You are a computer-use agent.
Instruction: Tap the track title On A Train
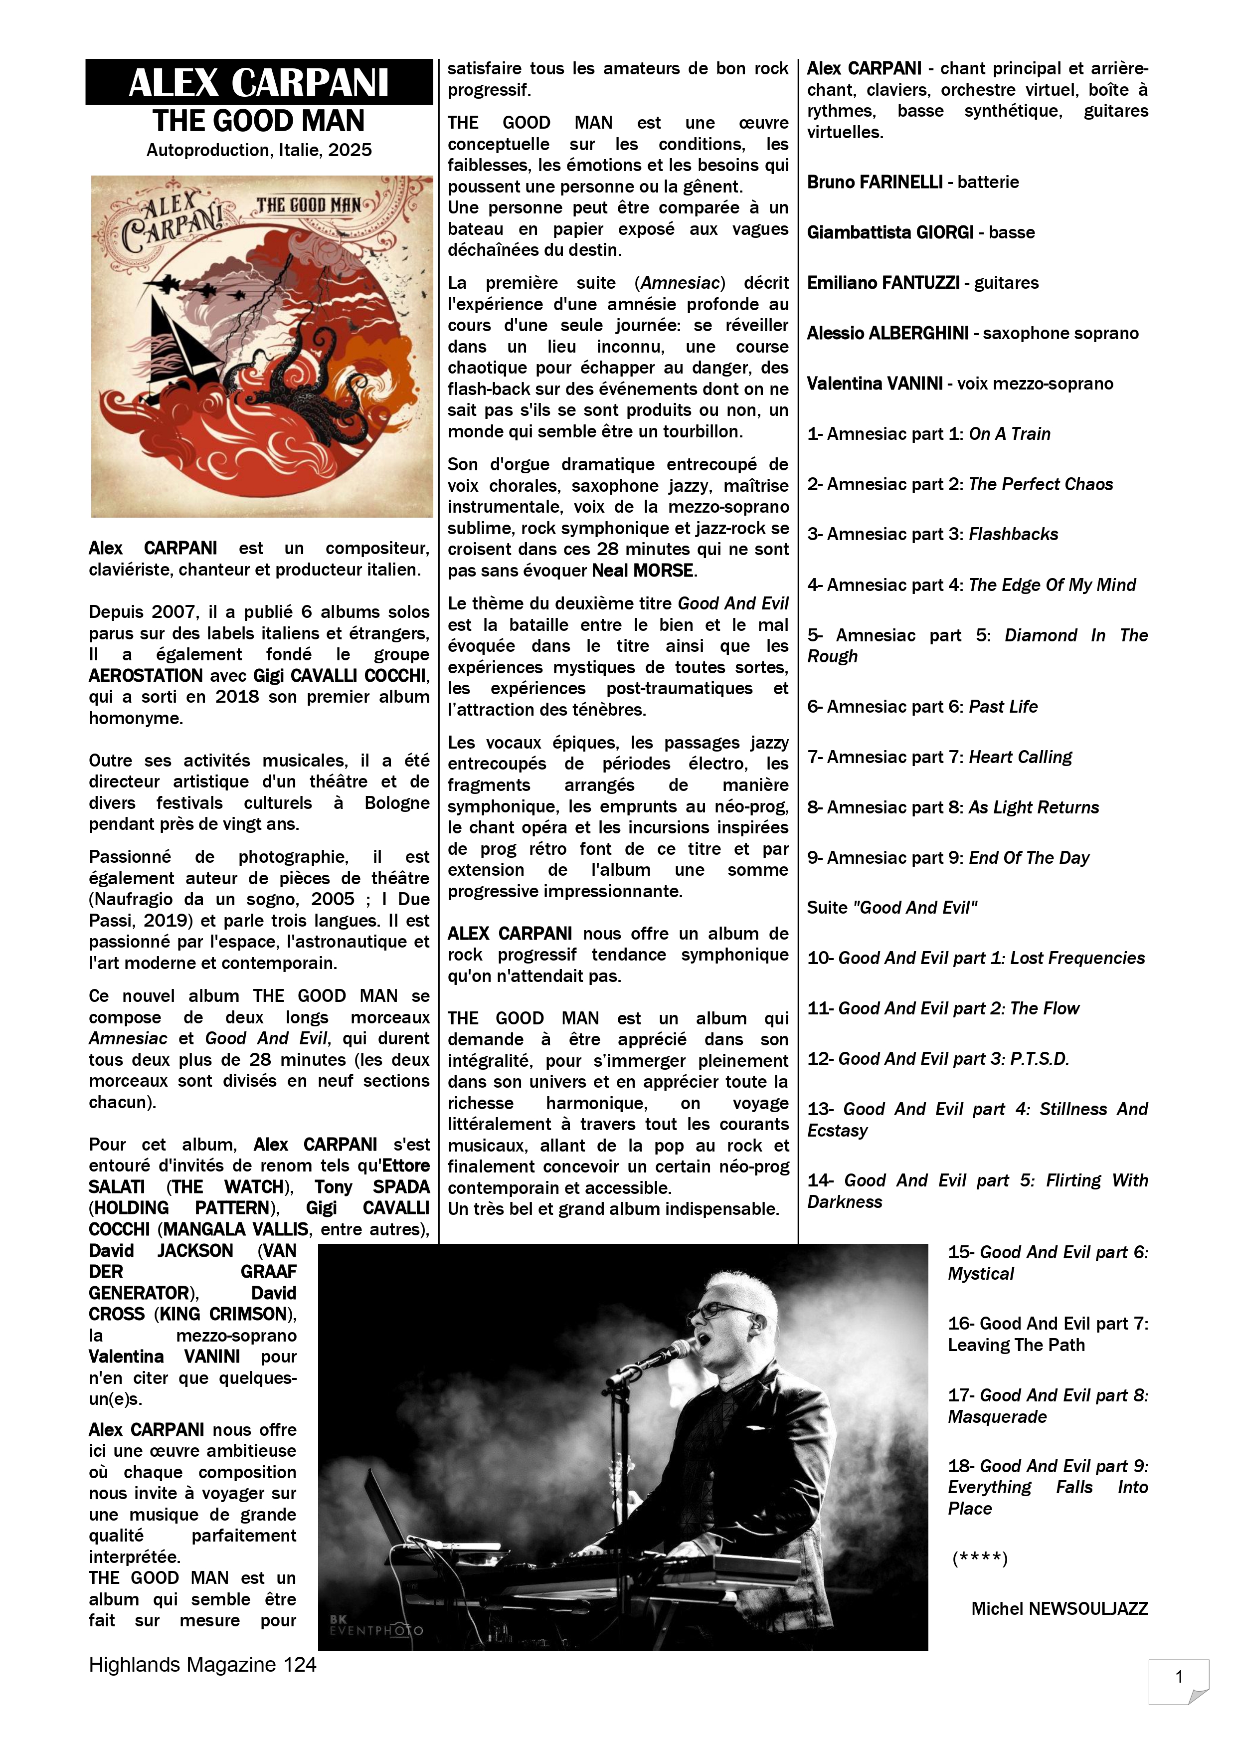pos(1009,434)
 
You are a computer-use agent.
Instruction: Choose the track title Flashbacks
pos(1013,534)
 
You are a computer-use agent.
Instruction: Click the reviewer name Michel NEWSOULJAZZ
pos(1060,1609)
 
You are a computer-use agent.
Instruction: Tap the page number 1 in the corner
pos(1179,1677)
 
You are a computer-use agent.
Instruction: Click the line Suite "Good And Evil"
pos(892,908)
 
